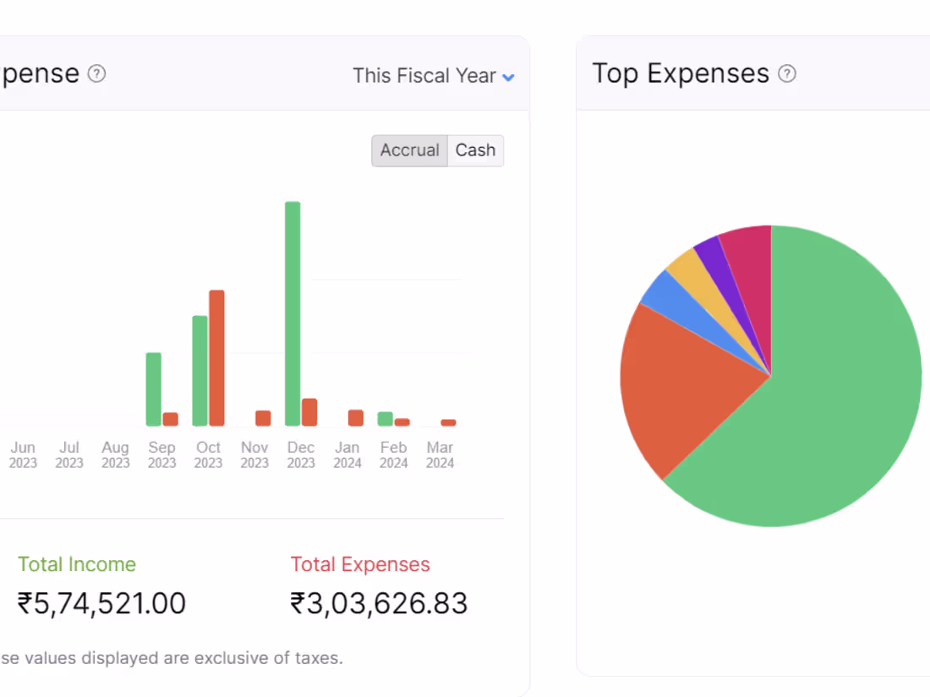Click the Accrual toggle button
[409, 150]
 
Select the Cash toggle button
[475, 150]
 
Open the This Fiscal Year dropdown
[434, 76]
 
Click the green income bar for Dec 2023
[293, 313]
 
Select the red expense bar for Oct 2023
[216, 357]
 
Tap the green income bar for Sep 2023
[153, 389]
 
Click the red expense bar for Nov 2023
[263, 418]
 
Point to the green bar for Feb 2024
[385, 419]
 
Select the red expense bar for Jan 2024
[356, 417]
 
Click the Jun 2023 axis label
[23, 455]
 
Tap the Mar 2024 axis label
[440, 455]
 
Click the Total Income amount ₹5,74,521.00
[101, 603]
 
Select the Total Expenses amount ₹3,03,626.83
[379, 603]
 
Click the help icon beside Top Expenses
[787, 74]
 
